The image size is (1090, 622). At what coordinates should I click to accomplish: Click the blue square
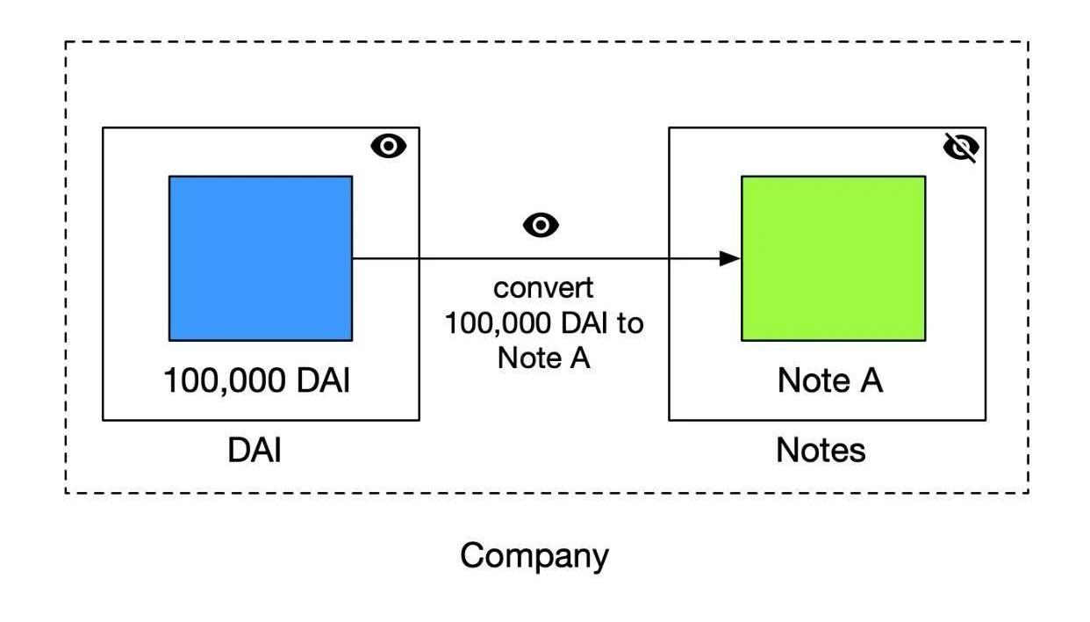261,257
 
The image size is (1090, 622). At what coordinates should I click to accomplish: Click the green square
833,257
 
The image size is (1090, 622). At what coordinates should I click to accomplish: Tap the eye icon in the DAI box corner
389,146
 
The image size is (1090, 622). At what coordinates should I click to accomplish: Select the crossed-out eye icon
961,148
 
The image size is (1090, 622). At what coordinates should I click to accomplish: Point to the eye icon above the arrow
541,225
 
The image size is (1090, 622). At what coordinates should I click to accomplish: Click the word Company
534,555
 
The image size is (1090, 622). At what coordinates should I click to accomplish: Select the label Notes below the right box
821,450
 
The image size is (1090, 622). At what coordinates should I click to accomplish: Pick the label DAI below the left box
255,450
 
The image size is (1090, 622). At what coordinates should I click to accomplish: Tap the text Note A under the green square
830,380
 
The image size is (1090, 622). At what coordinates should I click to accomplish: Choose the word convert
543,287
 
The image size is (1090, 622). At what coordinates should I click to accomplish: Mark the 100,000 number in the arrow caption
495,322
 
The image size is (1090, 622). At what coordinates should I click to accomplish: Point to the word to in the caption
629,322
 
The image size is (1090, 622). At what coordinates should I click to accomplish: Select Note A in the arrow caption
543,358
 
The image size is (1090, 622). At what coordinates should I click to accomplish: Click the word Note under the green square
812,380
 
